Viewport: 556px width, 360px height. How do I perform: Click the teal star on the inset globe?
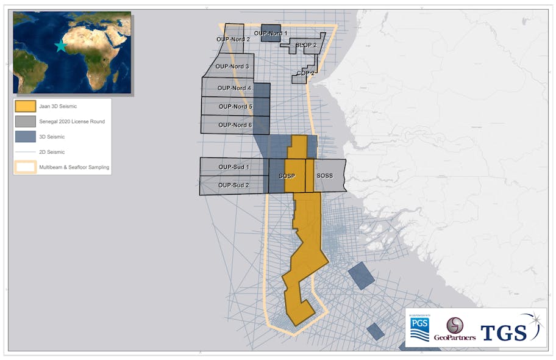click(60, 46)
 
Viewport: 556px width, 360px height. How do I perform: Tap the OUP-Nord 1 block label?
click(270, 33)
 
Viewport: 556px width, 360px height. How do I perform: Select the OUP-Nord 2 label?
click(233, 40)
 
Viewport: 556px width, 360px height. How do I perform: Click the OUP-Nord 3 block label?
click(233, 67)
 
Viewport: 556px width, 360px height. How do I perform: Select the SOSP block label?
click(287, 176)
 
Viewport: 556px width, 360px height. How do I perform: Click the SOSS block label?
click(325, 176)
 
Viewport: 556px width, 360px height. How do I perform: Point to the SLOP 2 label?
click(306, 45)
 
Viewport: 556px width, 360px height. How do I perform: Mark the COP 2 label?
click(305, 73)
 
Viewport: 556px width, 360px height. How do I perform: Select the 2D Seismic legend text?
click(52, 151)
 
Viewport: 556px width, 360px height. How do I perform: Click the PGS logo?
click(419, 328)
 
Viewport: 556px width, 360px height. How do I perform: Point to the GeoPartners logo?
click(454, 329)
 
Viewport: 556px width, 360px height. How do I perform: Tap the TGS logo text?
click(504, 333)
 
